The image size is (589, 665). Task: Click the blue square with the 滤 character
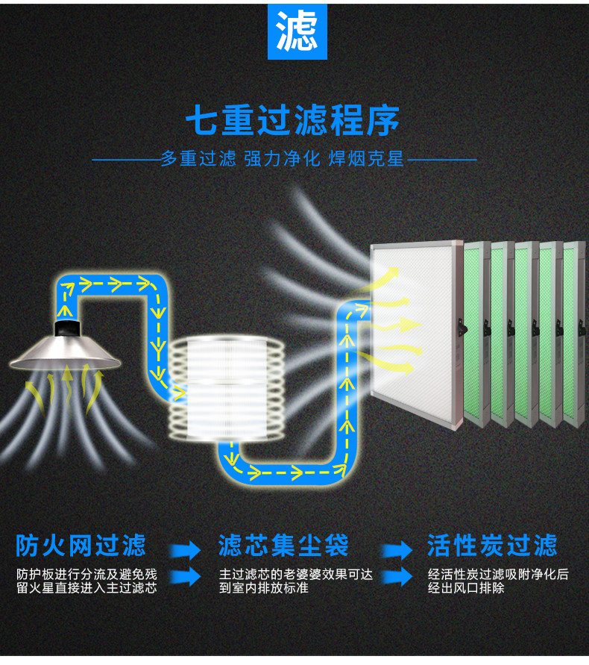click(297, 31)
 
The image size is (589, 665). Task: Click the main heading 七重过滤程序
click(292, 120)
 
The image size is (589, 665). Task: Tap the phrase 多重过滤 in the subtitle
click(198, 159)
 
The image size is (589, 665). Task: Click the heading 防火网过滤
click(81, 545)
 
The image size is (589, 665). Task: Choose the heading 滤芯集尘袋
click(283, 545)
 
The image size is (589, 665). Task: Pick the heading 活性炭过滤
click(492, 545)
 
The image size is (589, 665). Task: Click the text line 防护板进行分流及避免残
click(86, 575)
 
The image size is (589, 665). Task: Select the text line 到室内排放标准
click(264, 588)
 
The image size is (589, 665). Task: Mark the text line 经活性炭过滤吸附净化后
click(498, 575)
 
